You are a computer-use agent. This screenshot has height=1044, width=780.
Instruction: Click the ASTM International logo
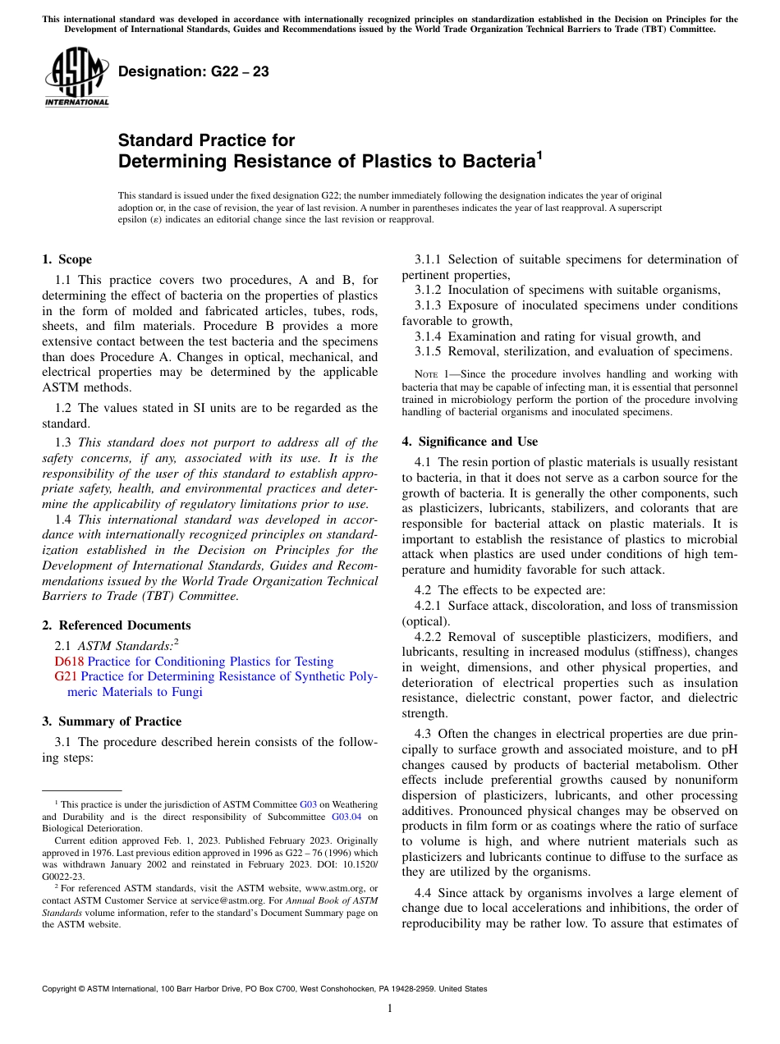point(76,77)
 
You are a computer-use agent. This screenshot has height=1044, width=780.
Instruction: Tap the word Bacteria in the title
point(491,162)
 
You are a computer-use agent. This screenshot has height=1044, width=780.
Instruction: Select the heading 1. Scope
point(67,260)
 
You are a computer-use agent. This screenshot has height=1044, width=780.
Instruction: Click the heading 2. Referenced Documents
point(116,625)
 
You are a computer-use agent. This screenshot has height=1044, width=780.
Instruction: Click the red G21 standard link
point(66,677)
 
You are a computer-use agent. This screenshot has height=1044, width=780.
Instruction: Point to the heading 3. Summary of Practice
point(112,721)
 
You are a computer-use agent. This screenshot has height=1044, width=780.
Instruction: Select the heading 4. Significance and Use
point(470,442)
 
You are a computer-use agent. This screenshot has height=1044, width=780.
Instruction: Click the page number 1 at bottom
point(390,1009)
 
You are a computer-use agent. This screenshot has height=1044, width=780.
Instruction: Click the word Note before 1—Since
point(427,375)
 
